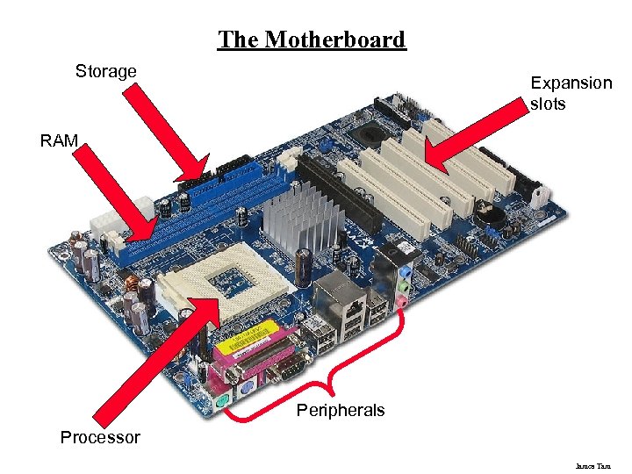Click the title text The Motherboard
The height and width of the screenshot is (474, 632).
[312, 40]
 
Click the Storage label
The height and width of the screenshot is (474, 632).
[105, 71]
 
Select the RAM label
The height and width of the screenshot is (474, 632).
[59, 140]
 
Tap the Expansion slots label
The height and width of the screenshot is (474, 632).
[571, 93]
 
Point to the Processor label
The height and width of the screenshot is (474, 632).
[100, 437]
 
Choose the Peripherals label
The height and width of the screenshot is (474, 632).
[341, 410]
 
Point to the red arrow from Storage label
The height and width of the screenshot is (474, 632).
[167, 132]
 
